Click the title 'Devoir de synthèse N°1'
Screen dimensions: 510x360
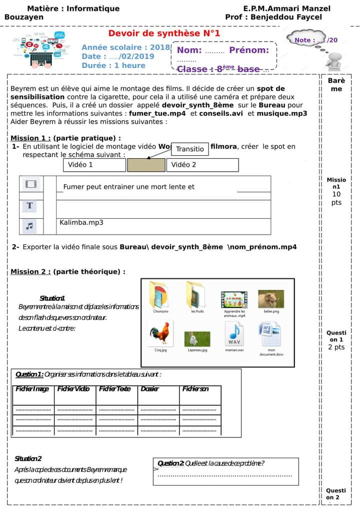click(164, 34)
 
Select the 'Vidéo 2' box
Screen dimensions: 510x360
click(202, 165)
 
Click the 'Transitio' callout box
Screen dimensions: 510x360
click(190, 149)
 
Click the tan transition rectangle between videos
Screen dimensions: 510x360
click(146, 165)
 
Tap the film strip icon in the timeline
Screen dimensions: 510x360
click(31, 184)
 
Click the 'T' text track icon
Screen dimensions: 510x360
click(30, 205)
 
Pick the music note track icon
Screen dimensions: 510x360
click(30, 226)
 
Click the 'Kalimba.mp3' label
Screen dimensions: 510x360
click(81, 222)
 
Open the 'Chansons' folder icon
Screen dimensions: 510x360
click(160, 295)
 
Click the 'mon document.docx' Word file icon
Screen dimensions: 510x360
click(271, 333)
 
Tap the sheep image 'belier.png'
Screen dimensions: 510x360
click(271, 299)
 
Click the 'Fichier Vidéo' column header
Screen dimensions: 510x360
click(73, 389)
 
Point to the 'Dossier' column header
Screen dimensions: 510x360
click(149, 389)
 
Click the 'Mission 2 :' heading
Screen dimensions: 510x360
click(30, 272)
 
